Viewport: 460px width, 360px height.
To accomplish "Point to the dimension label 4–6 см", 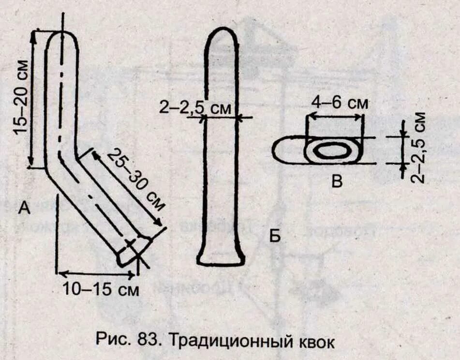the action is pyautogui.click(x=340, y=103).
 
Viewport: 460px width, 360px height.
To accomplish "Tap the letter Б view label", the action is pyautogui.click(x=275, y=237).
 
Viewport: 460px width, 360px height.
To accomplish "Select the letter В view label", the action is pyautogui.click(x=337, y=182).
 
